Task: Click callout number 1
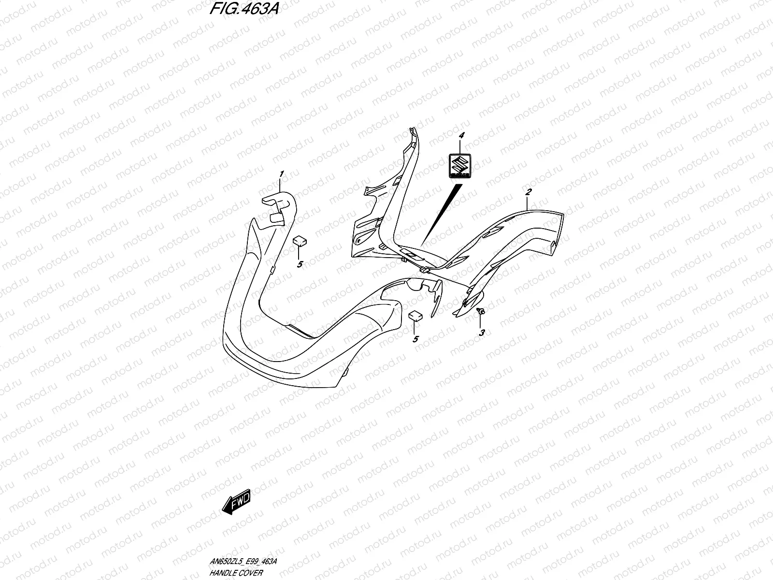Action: click(281, 174)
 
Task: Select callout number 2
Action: click(529, 192)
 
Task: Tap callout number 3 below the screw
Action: click(482, 333)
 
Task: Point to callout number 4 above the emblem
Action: click(461, 137)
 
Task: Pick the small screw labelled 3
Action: click(481, 311)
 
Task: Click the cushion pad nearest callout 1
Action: click(300, 240)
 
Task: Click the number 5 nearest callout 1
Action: click(300, 264)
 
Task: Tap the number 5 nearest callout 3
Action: click(415, 339)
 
